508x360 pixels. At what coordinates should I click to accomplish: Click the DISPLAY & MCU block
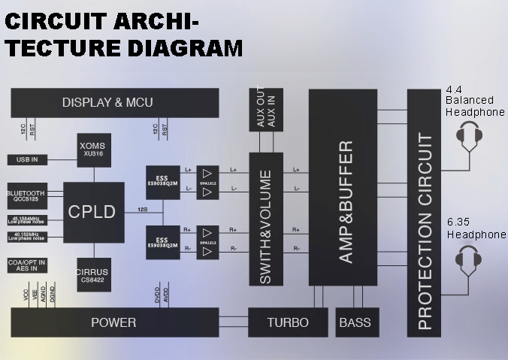tap(114, 103)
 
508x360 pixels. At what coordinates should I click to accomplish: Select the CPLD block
tap(93, 213)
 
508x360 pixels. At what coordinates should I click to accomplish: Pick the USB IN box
tap(27, 159)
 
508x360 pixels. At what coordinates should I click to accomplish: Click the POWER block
tap(114, 322)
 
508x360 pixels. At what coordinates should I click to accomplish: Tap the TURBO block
tap(288, 322)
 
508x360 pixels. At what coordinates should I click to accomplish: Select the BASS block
tap(355, 322)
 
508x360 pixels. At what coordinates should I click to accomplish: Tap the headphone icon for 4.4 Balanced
tap(470, 135)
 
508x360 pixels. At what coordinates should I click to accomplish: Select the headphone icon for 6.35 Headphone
tap(470, 262)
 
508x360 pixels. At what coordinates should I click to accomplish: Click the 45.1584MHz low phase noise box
tap(27, 219)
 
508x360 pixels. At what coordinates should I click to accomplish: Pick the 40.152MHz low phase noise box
tap(27, 236)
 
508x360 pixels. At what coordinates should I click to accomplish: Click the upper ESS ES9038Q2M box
tap(162, 180)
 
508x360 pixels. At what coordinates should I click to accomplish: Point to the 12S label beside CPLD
tap(142, 209)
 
